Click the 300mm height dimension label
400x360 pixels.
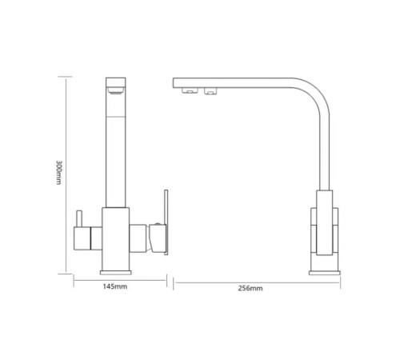coord(58,172)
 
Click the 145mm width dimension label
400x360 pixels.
coord(115,286)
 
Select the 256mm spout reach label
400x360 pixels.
coord(250,288)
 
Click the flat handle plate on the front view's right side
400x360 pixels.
coord(166,222)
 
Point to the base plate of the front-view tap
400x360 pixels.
coord(116,273)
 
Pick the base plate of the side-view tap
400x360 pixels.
coord(325,273)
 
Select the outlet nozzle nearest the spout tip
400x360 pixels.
coord(190,91)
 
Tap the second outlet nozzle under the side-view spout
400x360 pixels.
coord(210,91)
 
